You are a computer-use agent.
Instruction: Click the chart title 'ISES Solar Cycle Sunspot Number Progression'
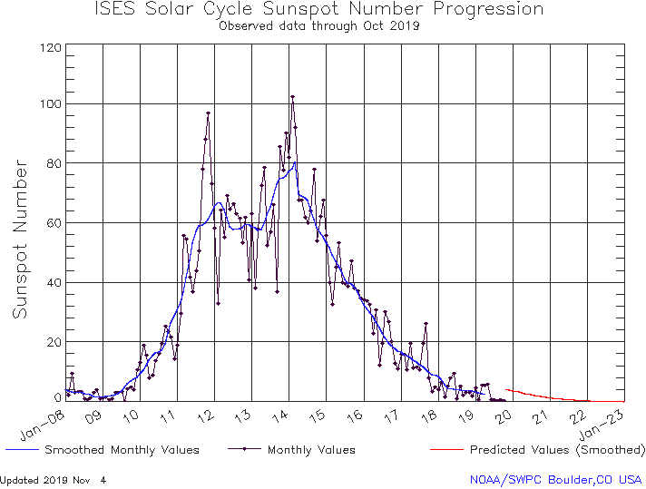319,10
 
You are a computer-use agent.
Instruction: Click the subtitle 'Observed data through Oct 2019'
319,25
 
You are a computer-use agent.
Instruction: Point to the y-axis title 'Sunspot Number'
20,239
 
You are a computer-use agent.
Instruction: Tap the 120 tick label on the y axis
51,47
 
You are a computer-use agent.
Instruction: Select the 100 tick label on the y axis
51,104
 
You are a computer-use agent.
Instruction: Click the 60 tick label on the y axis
54,223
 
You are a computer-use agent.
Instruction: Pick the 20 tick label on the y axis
54,342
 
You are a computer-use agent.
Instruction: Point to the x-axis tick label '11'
169,416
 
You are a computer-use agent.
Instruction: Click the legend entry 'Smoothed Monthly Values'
122,450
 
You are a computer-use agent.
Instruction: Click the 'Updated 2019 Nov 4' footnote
54,479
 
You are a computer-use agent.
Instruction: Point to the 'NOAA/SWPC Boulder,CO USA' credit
555,479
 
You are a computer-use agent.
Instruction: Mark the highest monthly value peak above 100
292,96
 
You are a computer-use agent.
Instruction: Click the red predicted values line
544,396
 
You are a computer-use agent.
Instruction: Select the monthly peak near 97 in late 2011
209,113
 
